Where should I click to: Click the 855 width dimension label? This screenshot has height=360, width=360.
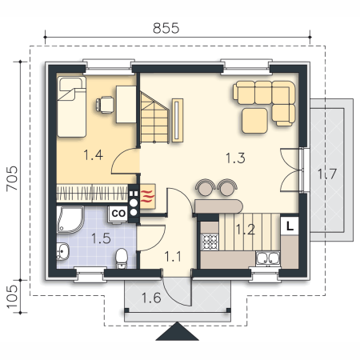(166, 28)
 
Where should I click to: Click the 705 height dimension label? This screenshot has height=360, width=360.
(12, 178)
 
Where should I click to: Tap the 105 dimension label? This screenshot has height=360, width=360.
(12, 297)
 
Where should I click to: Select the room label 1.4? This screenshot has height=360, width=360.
(93, 155)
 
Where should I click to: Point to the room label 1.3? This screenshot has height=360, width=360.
(235, 158)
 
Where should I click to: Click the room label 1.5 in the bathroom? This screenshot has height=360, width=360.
(101, 238)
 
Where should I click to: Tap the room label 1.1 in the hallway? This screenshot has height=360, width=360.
(173, 257)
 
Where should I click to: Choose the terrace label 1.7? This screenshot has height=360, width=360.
(327, 174)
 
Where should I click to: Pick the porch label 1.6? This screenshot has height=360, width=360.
(151, 298)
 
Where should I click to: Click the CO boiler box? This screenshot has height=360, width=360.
(118, 214)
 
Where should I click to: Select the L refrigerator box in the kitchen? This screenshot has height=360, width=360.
(290, 226)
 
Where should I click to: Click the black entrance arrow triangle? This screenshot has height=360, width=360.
(178, 331)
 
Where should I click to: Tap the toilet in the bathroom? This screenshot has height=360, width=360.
(122, 258)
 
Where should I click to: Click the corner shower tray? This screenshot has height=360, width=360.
(70, 220)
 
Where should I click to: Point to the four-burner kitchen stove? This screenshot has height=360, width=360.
(210, 242)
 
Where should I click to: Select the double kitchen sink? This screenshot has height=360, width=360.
(267, 258)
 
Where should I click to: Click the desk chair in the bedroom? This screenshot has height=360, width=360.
(105, 105)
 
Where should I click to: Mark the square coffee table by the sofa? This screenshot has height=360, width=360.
(254, 121)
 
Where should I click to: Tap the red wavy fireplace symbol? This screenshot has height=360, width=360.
(147, 197)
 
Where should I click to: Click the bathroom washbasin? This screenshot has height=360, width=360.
(63, 251)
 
